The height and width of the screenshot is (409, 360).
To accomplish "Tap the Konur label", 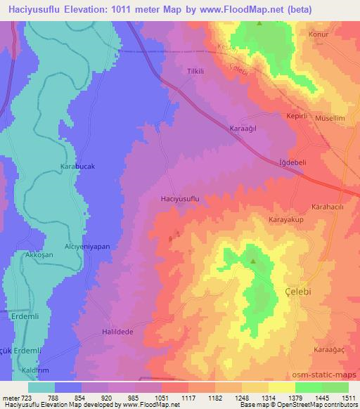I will (321, 33).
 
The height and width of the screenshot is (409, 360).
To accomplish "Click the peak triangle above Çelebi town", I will (253, 262).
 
